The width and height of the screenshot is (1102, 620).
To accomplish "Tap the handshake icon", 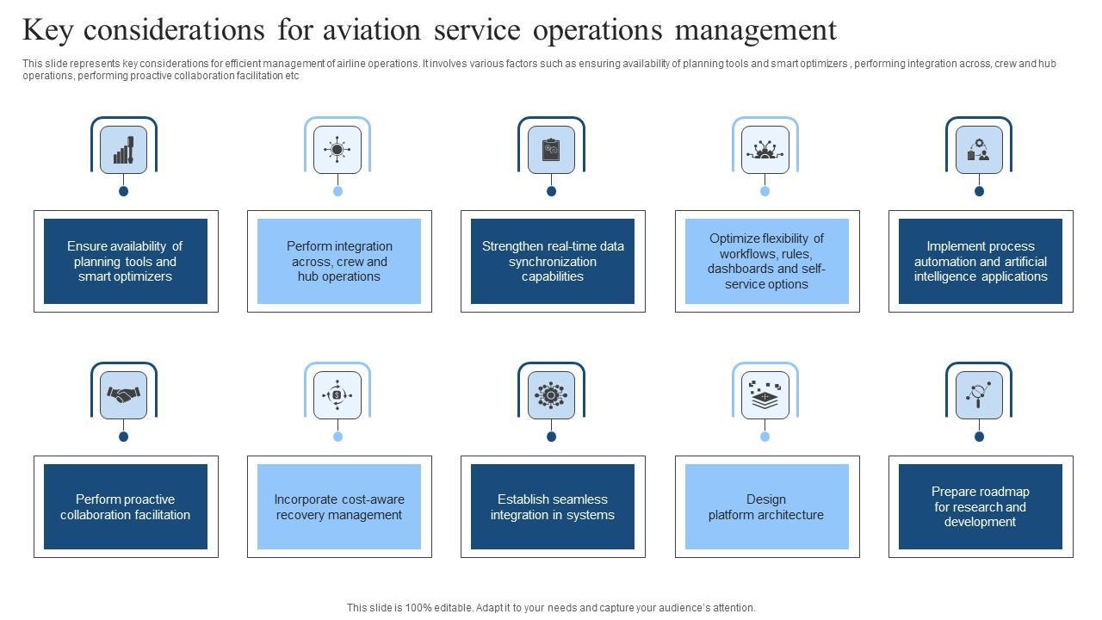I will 123,395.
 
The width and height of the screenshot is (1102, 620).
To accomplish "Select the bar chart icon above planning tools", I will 123,150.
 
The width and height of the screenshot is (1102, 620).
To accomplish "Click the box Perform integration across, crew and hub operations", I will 338,261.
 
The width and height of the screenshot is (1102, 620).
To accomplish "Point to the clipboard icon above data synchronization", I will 551,150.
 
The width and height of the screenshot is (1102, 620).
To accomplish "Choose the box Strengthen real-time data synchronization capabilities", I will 552,261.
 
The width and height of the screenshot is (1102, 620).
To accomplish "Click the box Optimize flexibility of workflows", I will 766,261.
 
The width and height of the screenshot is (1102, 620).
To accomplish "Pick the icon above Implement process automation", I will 979,150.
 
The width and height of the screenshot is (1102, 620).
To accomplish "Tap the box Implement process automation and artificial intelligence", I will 980,261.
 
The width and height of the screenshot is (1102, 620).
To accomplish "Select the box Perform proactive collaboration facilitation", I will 125,506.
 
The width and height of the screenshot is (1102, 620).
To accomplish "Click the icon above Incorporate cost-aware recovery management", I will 337,395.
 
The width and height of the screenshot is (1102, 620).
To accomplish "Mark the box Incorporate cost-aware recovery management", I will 338,506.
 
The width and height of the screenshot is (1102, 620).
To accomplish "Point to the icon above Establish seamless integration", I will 551,395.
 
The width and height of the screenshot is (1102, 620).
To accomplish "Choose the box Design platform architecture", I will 766,506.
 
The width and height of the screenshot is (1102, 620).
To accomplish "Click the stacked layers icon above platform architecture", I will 765,395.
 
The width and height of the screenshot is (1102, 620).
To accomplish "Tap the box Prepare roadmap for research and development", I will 980,506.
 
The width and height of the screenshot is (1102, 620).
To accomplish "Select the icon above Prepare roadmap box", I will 979,395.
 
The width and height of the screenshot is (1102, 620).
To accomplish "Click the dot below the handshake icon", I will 123,437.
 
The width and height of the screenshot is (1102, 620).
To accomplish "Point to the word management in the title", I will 755,30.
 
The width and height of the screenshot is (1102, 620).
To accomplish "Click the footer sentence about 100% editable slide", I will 551,608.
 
